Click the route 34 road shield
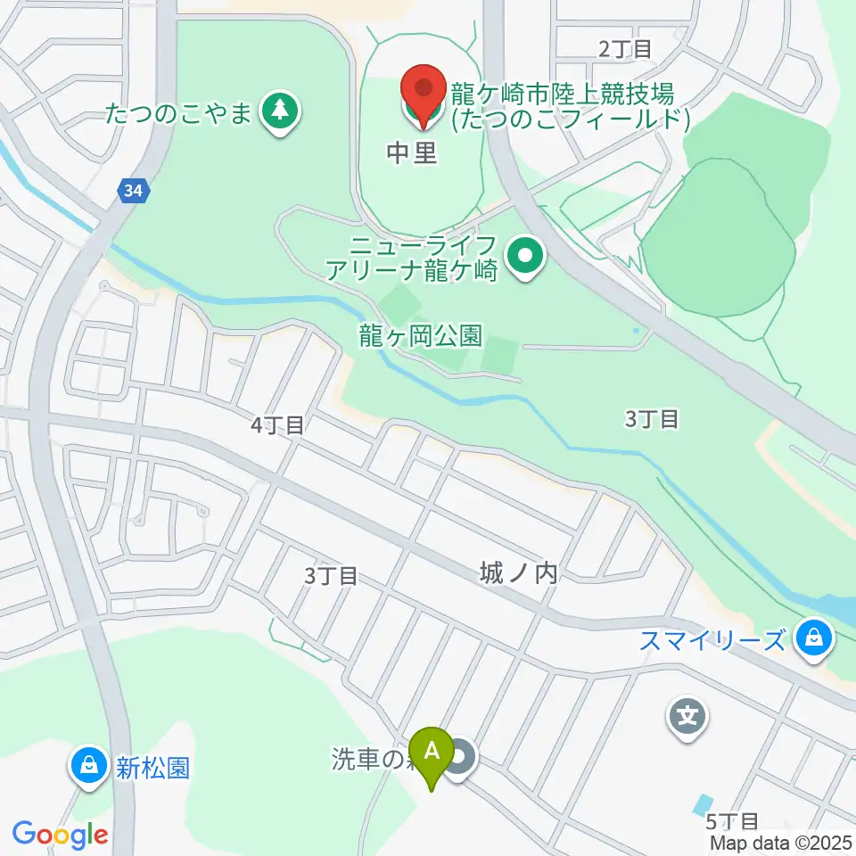[133, 191]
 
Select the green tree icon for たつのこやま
[281, 113]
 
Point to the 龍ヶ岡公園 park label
[421, 336]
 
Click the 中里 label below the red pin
[412, 153]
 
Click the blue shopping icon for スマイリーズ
[813, 640]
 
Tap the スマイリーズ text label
[713, 640]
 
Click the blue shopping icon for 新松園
[89, 767]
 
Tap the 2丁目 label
[625, 49]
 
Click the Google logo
[60, 835]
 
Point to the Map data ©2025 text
[780, 842]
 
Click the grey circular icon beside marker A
[461, 760]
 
